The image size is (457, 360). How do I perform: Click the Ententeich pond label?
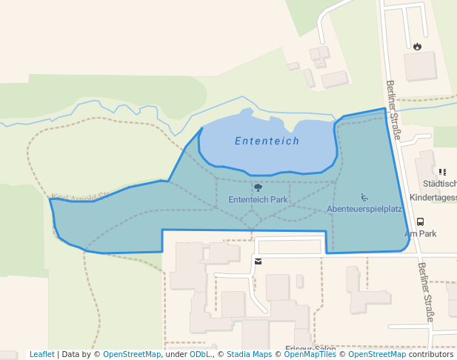pyautogui.click(x=267, y=141)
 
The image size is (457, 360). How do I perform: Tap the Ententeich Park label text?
pyautogui.click(x=258, y=199)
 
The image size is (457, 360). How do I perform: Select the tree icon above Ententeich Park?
pyautogui.click(x=258, y=187)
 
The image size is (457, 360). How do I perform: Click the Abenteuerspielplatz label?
pyautogui.click(x=364, y=209)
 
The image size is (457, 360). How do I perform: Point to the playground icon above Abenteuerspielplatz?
pyautogui.click(x=364, y=197)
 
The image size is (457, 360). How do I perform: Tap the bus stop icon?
pyautogui.click(x=421, y=221)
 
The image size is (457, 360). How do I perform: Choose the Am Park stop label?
pyautogui.click(x=421, y=233)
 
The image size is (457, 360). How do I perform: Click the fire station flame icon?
pyautogui.click(x=418, y=46)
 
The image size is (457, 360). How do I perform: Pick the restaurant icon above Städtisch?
pyautogui.click(x=443, y=172)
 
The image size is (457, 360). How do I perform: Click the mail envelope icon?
pyautogui.click(x=258, y=261)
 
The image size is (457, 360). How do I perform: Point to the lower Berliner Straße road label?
pyautogui.click(x=425, y=292)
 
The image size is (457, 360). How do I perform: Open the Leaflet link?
pyautogui.click(x=42, y=354)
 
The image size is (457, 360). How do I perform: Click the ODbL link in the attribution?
pyautogui.click(x=200, y=354)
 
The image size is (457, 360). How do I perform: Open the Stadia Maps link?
pyautogui.click(x=249, y=354)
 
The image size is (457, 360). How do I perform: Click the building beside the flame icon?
pyautogui.click(x=419, y=67)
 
